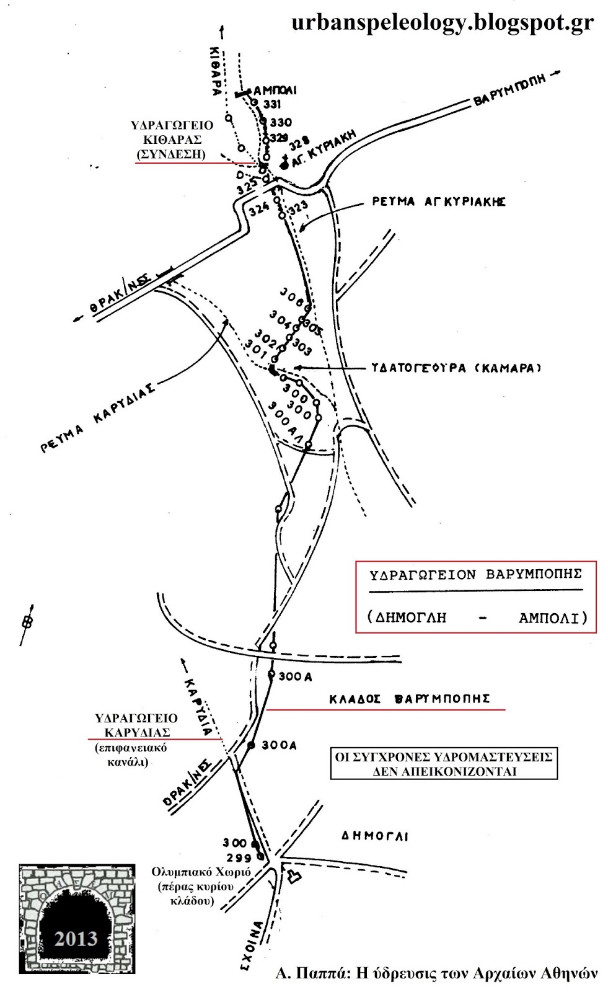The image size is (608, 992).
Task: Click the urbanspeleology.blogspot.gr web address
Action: pos(443,22)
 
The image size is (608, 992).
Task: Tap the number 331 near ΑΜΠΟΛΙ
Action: pos(271,104)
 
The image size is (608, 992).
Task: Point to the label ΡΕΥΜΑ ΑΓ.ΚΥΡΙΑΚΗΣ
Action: pos(439,202)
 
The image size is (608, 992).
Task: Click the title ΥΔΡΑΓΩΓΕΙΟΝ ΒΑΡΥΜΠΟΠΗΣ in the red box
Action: pos(475,575)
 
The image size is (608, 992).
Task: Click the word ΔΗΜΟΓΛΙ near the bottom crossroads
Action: pos(375,836)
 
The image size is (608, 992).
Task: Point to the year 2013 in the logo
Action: pos(76,938)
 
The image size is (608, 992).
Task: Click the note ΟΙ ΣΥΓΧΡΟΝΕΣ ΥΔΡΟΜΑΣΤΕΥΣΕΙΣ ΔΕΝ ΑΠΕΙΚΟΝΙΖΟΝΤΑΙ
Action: pos(444,764)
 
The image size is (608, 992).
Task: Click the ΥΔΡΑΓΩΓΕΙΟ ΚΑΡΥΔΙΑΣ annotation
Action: pos(136,725)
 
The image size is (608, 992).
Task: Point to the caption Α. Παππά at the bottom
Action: pos(437,973)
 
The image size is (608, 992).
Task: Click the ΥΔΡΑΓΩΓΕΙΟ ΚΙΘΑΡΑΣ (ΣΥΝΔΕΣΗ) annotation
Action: pos(172,140)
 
